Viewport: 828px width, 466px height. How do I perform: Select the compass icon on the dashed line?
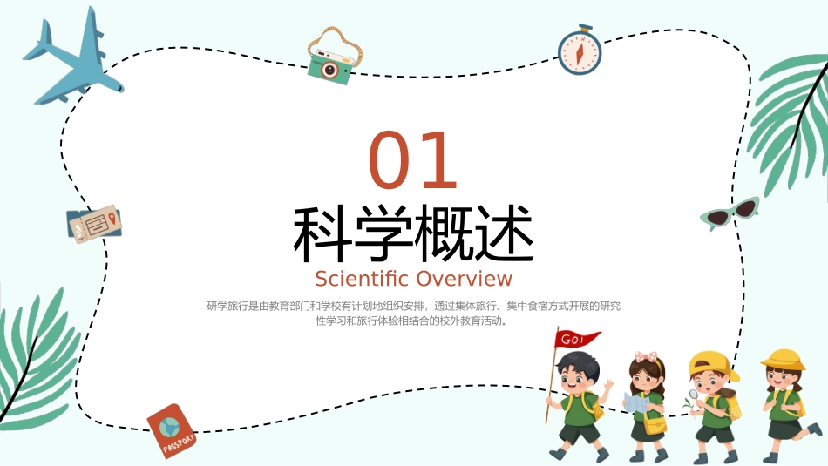pos(579,52)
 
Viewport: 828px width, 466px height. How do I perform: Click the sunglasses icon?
pos(730,213)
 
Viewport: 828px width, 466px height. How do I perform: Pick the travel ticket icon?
pos(94,224)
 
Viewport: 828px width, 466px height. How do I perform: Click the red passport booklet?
pos(171,429)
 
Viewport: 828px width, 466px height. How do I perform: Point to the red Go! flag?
pos(578,339)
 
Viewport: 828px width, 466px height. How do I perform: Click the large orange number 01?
pos(413,162)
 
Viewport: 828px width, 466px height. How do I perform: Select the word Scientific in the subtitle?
pos(361,279)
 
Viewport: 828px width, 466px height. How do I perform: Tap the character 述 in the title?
pos(503,235)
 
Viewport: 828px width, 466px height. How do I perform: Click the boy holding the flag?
pos(577,405)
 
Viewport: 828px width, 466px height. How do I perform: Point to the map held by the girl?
pos(635,402)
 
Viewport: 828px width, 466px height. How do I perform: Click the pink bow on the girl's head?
pos(646,356)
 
